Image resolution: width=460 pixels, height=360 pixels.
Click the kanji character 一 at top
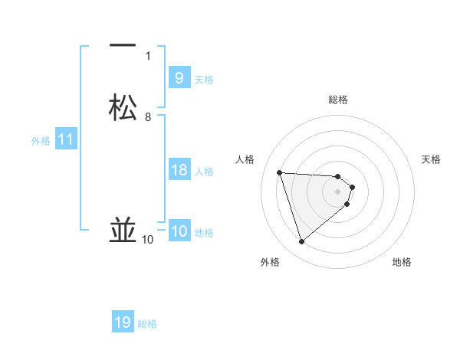(x=123, y=47)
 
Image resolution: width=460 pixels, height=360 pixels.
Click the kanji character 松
(x=123, y=108)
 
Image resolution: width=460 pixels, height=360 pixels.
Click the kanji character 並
(x=123, y=231)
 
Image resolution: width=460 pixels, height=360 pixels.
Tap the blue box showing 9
(x=179, y=77)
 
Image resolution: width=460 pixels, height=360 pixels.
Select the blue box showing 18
(x=179, y=170)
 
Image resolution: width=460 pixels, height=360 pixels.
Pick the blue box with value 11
(x=66, y=140)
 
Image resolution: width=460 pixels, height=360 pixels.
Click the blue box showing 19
(x=123, y=322)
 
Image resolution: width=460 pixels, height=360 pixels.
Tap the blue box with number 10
(x=179, y=232)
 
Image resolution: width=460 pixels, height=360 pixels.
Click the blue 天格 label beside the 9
(x=204, y=80)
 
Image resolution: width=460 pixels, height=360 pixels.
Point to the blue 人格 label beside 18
(x=205, y=172)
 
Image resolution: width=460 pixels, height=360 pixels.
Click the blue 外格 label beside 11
(x=41, y=141)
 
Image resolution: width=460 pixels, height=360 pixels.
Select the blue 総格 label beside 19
(x=147, y=324)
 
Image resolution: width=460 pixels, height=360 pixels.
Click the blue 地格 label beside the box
(x=204, y=233)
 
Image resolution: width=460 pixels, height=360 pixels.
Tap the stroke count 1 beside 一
(x=148, y=56)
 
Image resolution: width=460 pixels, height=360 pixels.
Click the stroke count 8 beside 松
(x=148, y=117)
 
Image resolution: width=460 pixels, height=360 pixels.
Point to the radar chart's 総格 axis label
(x=338, y=100)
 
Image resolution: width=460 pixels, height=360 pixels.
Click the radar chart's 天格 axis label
(x=432, y=159)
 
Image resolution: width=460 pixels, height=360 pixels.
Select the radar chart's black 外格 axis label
(x=270, y=262)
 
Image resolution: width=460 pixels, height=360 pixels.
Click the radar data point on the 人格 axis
(x=280, y=172)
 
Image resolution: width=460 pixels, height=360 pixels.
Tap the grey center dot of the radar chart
(x=338, y=191)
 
